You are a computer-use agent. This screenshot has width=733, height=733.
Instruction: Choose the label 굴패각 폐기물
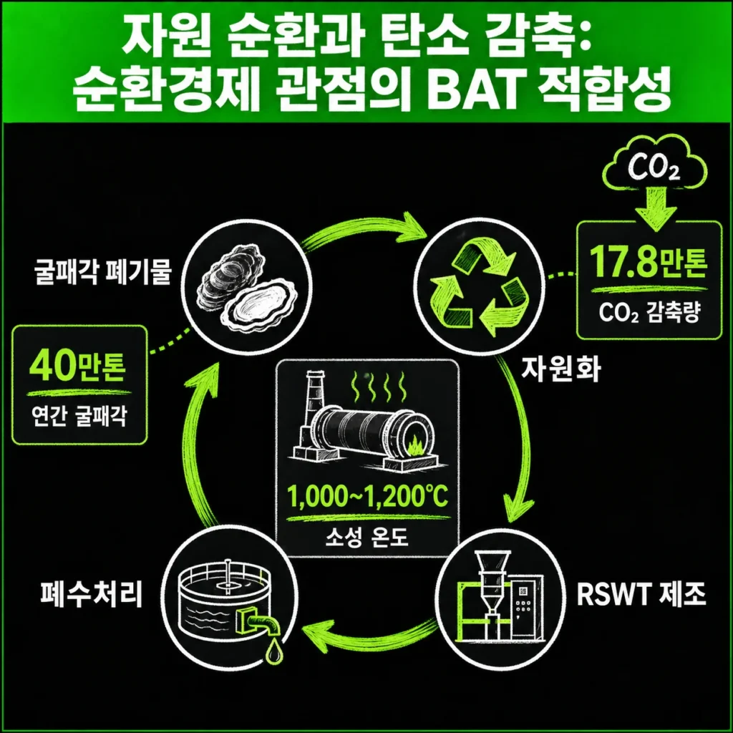[103, 272]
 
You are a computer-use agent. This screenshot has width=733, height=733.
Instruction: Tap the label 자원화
[560, 369]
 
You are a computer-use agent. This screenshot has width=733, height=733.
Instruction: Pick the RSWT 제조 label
[641, 595]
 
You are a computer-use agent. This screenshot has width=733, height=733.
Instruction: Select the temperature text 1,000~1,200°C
[367, 496]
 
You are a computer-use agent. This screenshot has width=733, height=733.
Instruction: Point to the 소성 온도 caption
[367, 537]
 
